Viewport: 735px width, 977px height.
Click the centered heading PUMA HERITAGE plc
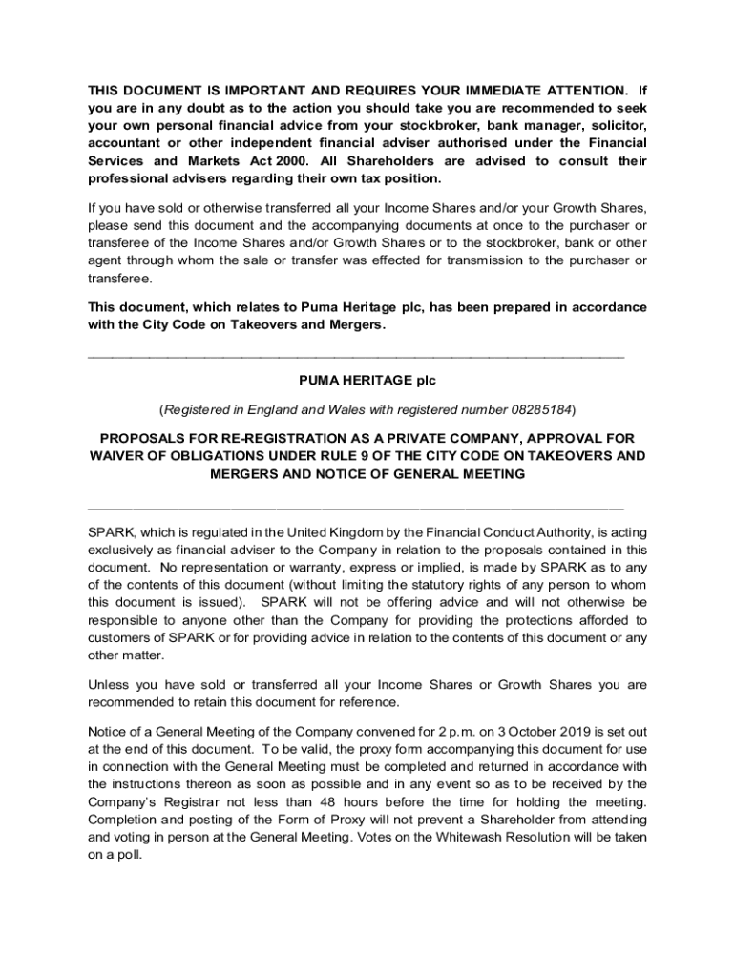[367, 381]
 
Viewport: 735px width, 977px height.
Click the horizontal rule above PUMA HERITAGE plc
[355, 355]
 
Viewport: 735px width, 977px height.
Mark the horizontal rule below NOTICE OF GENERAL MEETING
[355, 505]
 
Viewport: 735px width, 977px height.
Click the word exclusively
[124, 549]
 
